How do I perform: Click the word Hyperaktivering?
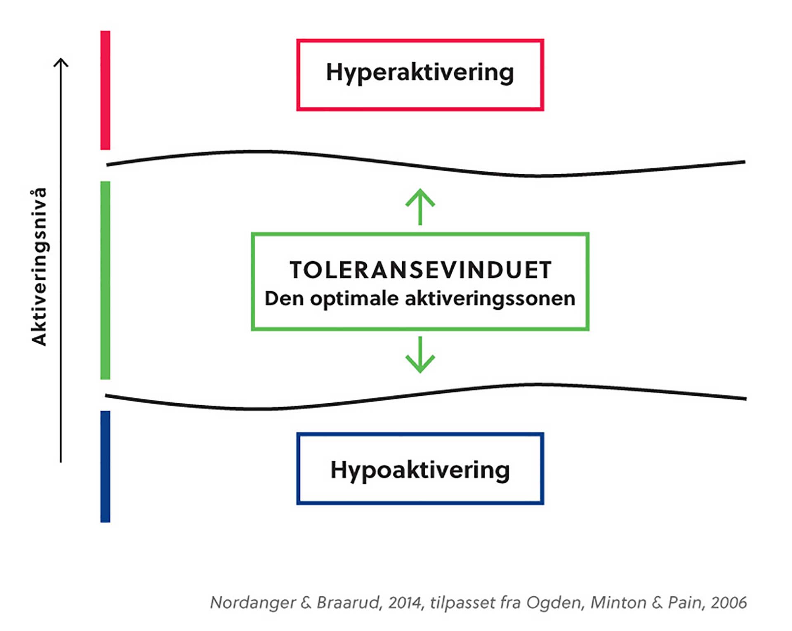(420, 73)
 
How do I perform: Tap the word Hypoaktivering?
(420, 471)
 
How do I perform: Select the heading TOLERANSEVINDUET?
(420, 270)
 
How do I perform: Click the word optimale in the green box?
(354, 299)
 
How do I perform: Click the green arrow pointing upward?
(420, 207)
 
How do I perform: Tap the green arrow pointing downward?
(420, 355)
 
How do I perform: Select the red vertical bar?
(105, 90)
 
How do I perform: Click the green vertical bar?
(105, 280)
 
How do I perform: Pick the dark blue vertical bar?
(105, 466)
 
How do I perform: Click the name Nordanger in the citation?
(253, 603)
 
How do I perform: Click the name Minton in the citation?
(618, 603)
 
